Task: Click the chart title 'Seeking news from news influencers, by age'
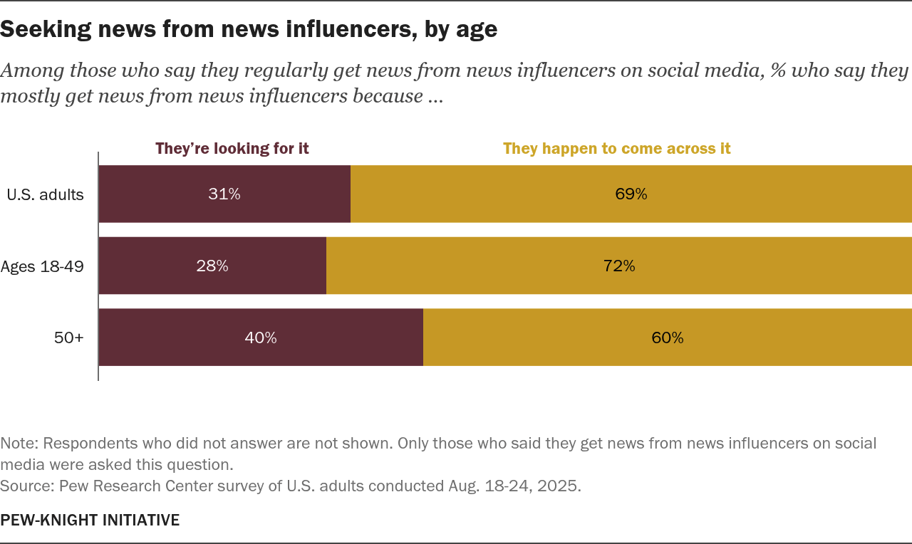click(249, 29)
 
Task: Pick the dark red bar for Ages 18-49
click(157, 266)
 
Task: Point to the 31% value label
click(224, 194)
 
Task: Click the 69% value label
click(631, 194)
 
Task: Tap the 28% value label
click(212, 266)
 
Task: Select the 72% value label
click(619, 266)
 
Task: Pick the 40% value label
click(261, 338)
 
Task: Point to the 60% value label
click(668, 338)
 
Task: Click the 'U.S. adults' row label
click(46, 194)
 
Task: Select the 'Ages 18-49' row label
click(42, 266)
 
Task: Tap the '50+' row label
click(69, 338)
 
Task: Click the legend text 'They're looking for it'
click(232, 149)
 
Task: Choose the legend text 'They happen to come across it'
click(617, 149)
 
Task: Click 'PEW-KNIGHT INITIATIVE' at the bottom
click(90, 521)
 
